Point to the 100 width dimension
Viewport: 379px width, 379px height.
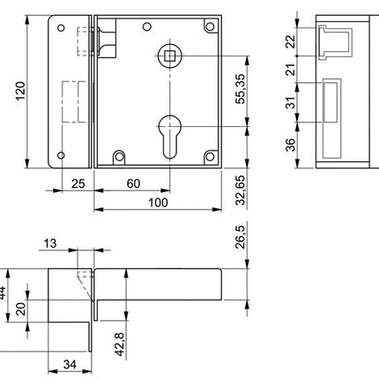point(158,203)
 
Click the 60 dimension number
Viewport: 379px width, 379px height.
point(131,183)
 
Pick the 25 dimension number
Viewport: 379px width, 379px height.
point(77,183)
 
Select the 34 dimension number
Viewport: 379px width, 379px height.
point(65,364)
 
